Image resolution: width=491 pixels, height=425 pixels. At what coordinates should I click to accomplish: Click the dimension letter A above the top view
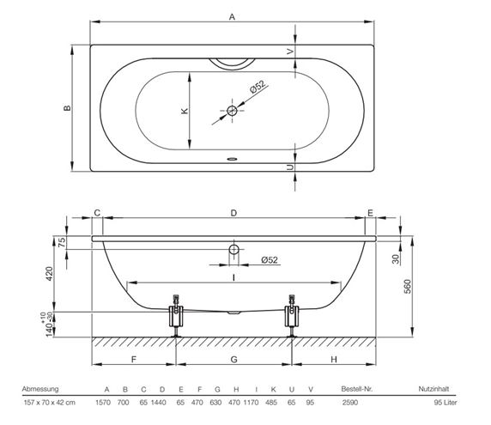(x=232, y=17)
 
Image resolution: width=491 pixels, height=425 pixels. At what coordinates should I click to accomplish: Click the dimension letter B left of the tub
(x=67, y=108)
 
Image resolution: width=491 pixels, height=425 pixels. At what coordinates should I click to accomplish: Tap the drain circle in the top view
(x=232, y=111)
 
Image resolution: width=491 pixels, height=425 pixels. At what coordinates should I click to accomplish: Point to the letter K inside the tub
(x=185, y=111)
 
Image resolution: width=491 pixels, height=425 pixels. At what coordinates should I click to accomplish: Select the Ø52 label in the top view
(x=258, y=87)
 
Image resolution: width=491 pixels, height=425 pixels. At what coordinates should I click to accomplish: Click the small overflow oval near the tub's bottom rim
(x=232, y=159)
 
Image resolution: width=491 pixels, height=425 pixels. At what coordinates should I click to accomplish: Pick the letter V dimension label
(x=291, y=51)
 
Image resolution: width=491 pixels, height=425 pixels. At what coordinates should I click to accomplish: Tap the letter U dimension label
(x=291, y=167)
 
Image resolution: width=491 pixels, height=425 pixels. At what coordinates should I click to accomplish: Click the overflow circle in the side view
(x=234, y=250)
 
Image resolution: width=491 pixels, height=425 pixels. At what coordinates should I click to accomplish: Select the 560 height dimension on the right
(x=408, y=286)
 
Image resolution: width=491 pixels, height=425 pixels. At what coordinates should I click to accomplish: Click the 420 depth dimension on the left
(x=50, y=273)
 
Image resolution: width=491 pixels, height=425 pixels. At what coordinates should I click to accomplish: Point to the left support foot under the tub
(x=176, y=315)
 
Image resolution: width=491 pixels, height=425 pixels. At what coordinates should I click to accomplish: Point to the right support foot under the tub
(x=292, y=315)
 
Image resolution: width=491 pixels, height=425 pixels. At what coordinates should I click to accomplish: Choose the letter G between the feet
(x=234, y=359)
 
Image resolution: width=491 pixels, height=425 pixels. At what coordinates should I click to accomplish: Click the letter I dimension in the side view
(x=234, y=277)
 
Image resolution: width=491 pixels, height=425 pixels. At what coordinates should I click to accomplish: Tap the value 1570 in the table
(x=103, y=403)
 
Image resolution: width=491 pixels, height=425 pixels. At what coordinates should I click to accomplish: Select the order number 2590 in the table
(x=350, y=403)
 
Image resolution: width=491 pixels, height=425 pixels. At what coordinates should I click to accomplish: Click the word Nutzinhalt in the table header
(x=433, y=389)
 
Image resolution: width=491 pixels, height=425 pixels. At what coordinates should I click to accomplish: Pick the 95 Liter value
(x=446, y=403)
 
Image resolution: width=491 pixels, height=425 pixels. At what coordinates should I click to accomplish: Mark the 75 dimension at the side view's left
(x=62, y=242)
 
